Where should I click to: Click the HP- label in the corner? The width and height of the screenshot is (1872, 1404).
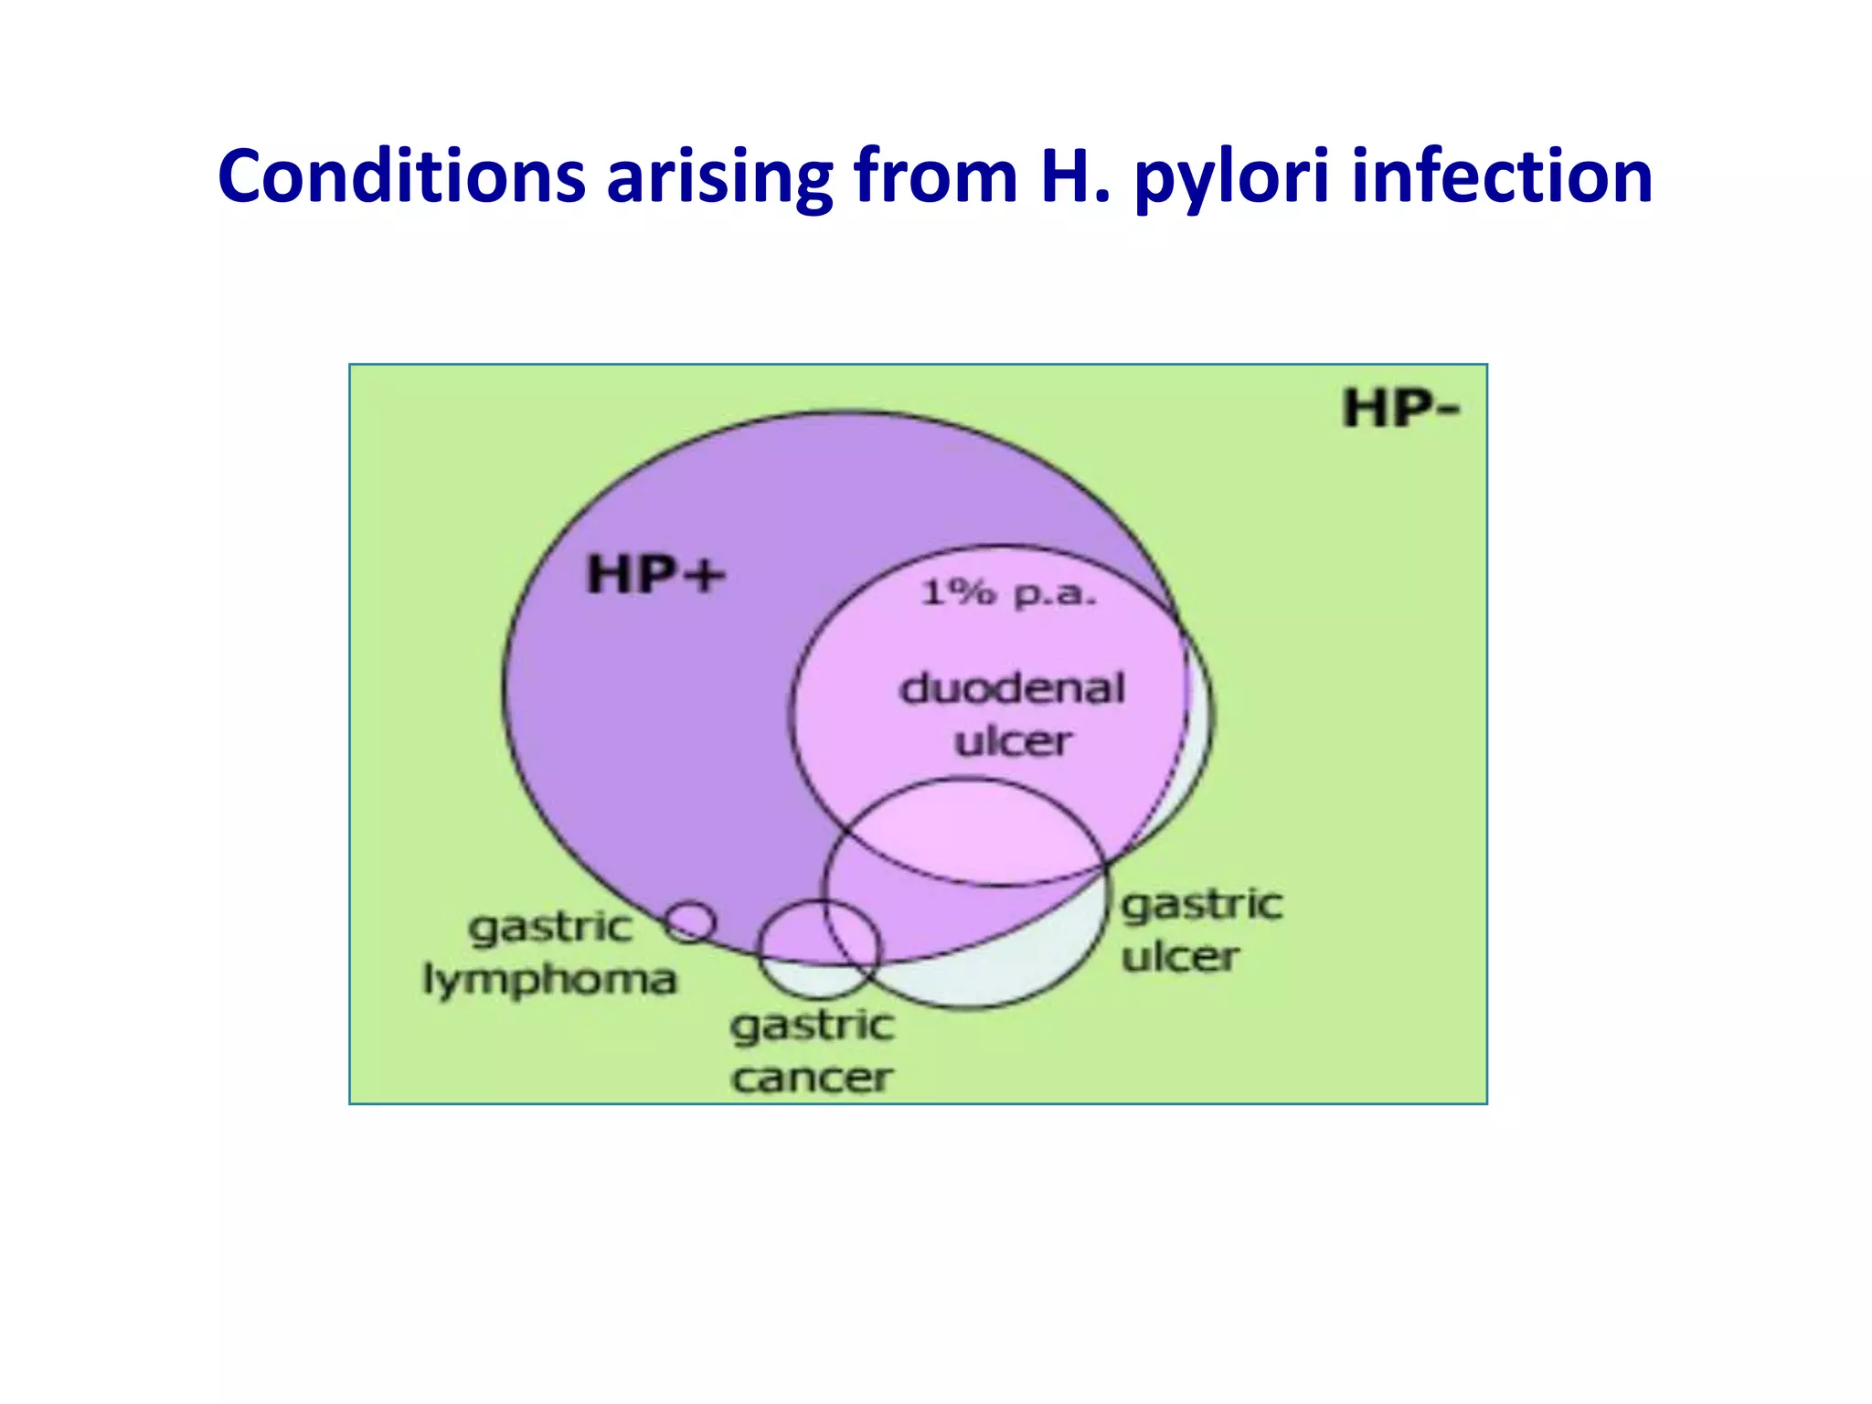1400,408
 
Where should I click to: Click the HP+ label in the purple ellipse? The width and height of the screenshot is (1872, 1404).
654,575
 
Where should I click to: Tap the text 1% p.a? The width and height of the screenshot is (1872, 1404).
1007,593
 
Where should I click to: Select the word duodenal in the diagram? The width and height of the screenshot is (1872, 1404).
1012,688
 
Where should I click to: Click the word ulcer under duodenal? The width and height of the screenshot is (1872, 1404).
1012,741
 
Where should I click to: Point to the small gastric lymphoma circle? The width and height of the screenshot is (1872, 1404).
689,921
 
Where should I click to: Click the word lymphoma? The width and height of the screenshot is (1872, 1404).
549,981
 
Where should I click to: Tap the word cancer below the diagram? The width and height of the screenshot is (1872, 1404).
811,1078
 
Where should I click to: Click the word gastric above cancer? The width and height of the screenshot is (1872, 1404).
811,1026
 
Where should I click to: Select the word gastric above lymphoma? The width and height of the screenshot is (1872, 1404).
549,928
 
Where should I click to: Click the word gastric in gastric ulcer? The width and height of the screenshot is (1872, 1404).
1201,906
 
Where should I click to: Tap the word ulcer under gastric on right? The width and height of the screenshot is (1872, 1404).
1180,957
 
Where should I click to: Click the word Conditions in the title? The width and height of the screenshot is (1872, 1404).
401,175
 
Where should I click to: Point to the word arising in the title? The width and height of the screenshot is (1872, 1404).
719,177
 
